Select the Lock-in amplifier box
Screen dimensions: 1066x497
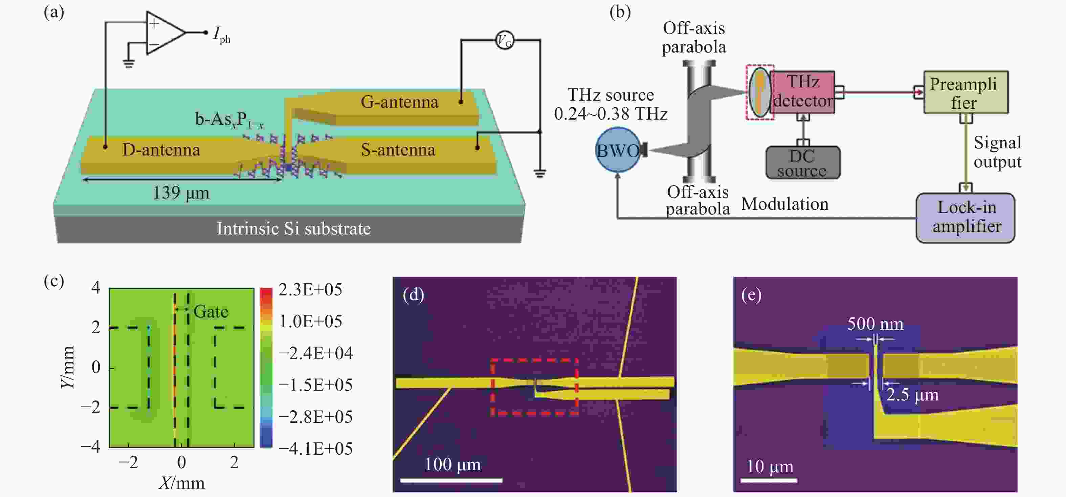pyautogui.click(x=965, y=218)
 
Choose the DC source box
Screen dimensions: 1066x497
pyautogui.click(x=803, y=163)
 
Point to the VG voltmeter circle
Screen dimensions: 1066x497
pyautogui.click(x=505, y=41)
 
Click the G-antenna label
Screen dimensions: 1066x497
pyautogui.click(x=399, y=102)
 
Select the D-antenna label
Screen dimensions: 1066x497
pyautogui.click(x=161, y=149)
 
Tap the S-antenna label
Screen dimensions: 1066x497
pyautogui.click(x=398, y=149)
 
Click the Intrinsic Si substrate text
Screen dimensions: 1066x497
pyautogui.click(x=293, y=229)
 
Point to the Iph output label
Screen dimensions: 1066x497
pyautogui.click(x=221, y=35)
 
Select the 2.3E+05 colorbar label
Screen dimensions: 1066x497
pyautogui.click(x=310, y=290)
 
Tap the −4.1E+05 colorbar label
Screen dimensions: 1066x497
pyautogui.click(x=316, y=449)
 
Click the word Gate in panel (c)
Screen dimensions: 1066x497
pyautogui.click(x=210, y=311)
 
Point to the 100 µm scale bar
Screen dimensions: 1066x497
pyautogui.click(x=451, y=480)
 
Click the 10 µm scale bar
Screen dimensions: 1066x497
pyautogui.click(x=769, y=480)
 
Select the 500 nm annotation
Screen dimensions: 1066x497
pyautogui.click(x=875, y=324)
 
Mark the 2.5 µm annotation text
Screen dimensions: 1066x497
pyautogui.click(x=912, y=395)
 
